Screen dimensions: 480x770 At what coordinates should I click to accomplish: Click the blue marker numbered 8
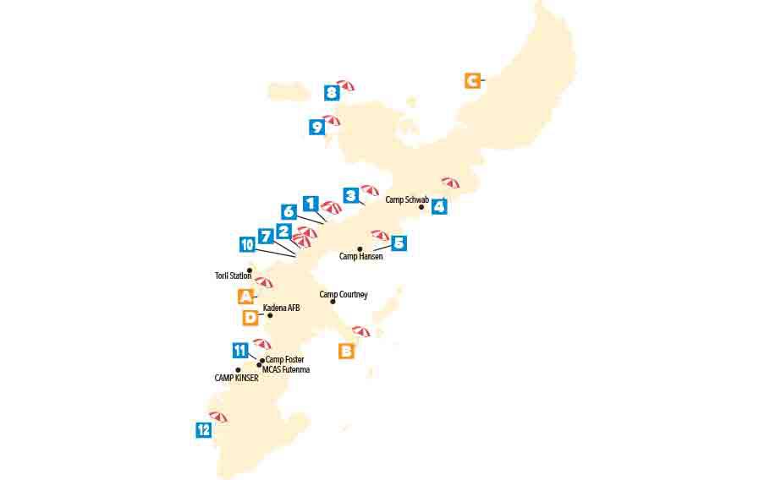(332, 93)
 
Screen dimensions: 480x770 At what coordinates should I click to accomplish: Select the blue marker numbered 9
(317, 128)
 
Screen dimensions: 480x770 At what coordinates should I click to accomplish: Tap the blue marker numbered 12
(204, 429)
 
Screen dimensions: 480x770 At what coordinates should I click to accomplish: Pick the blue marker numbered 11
(240, 351)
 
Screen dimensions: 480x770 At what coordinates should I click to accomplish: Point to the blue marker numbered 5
(399, 243)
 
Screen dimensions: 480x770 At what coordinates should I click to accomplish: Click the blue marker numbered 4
(439, 206)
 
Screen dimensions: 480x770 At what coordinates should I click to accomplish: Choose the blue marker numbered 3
(351, 196)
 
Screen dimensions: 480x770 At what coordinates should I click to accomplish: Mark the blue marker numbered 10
(247, 245)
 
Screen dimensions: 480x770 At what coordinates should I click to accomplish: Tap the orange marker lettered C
(472, 81)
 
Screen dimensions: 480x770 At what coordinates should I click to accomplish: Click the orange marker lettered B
(346, 351)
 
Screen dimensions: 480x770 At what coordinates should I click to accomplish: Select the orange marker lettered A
(245, 297)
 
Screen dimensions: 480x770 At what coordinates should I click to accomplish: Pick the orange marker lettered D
(250, 318)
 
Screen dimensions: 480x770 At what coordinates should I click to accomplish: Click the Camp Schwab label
(407, 200)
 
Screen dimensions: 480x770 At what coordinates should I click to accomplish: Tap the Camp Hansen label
(361, 256)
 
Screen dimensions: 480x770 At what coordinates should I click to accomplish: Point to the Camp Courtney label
(344, 295)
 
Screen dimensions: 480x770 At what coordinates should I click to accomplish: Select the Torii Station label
(234, 275)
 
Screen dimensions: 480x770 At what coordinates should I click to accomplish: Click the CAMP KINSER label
(236, 378)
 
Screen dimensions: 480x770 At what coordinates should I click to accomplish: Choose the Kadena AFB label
(282, 308)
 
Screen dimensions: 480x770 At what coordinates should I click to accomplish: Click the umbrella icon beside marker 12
(218, 417)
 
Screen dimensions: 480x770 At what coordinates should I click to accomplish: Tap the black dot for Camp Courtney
(333, 302)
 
